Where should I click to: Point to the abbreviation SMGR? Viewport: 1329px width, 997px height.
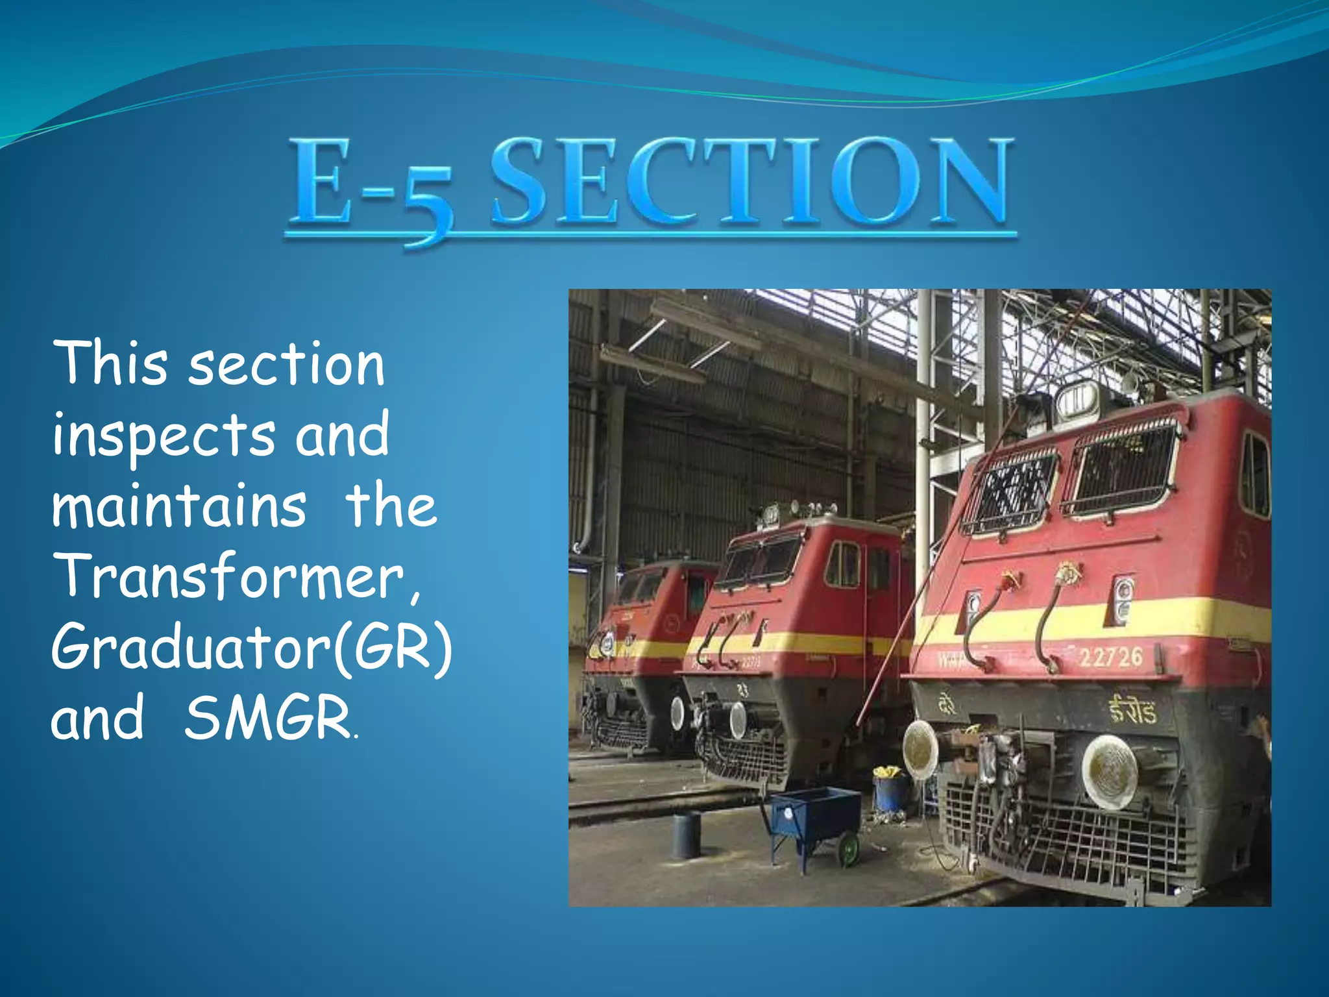(x=267, y=717)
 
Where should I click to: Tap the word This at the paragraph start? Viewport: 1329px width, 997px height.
(x=110, y=363)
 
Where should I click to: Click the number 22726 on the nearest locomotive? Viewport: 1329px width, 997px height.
(x=1110, y=657)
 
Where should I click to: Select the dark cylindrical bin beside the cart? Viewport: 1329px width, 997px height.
(x=686, y=835)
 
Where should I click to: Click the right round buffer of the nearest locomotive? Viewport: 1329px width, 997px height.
(x=1109, y=772)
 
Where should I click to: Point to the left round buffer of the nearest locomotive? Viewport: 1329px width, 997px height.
(x=920, y=750)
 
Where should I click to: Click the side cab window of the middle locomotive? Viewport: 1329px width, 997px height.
(x=842, y=563)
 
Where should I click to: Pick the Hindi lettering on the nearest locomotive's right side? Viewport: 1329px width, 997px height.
(x=1132, y=711)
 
